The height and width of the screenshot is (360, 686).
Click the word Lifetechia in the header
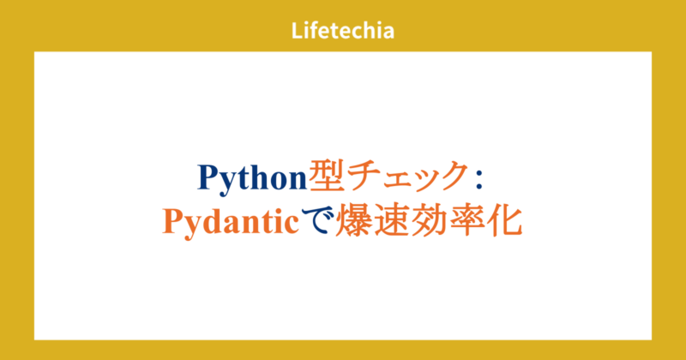(342, 31)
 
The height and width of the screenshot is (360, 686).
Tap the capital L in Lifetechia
(297, 31)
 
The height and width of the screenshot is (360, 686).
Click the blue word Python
(252, 178)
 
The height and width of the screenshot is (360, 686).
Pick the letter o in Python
(280, 181)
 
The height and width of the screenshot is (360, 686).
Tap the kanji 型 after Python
(326, 177)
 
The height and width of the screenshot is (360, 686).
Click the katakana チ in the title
(361, 177)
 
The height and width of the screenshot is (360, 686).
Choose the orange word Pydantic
(231, 223)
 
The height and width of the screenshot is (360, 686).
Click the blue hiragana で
(316, 222)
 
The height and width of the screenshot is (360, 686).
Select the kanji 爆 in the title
(351, 221)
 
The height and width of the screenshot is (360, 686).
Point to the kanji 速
(387, 221)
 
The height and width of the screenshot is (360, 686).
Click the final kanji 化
(503, 221)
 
